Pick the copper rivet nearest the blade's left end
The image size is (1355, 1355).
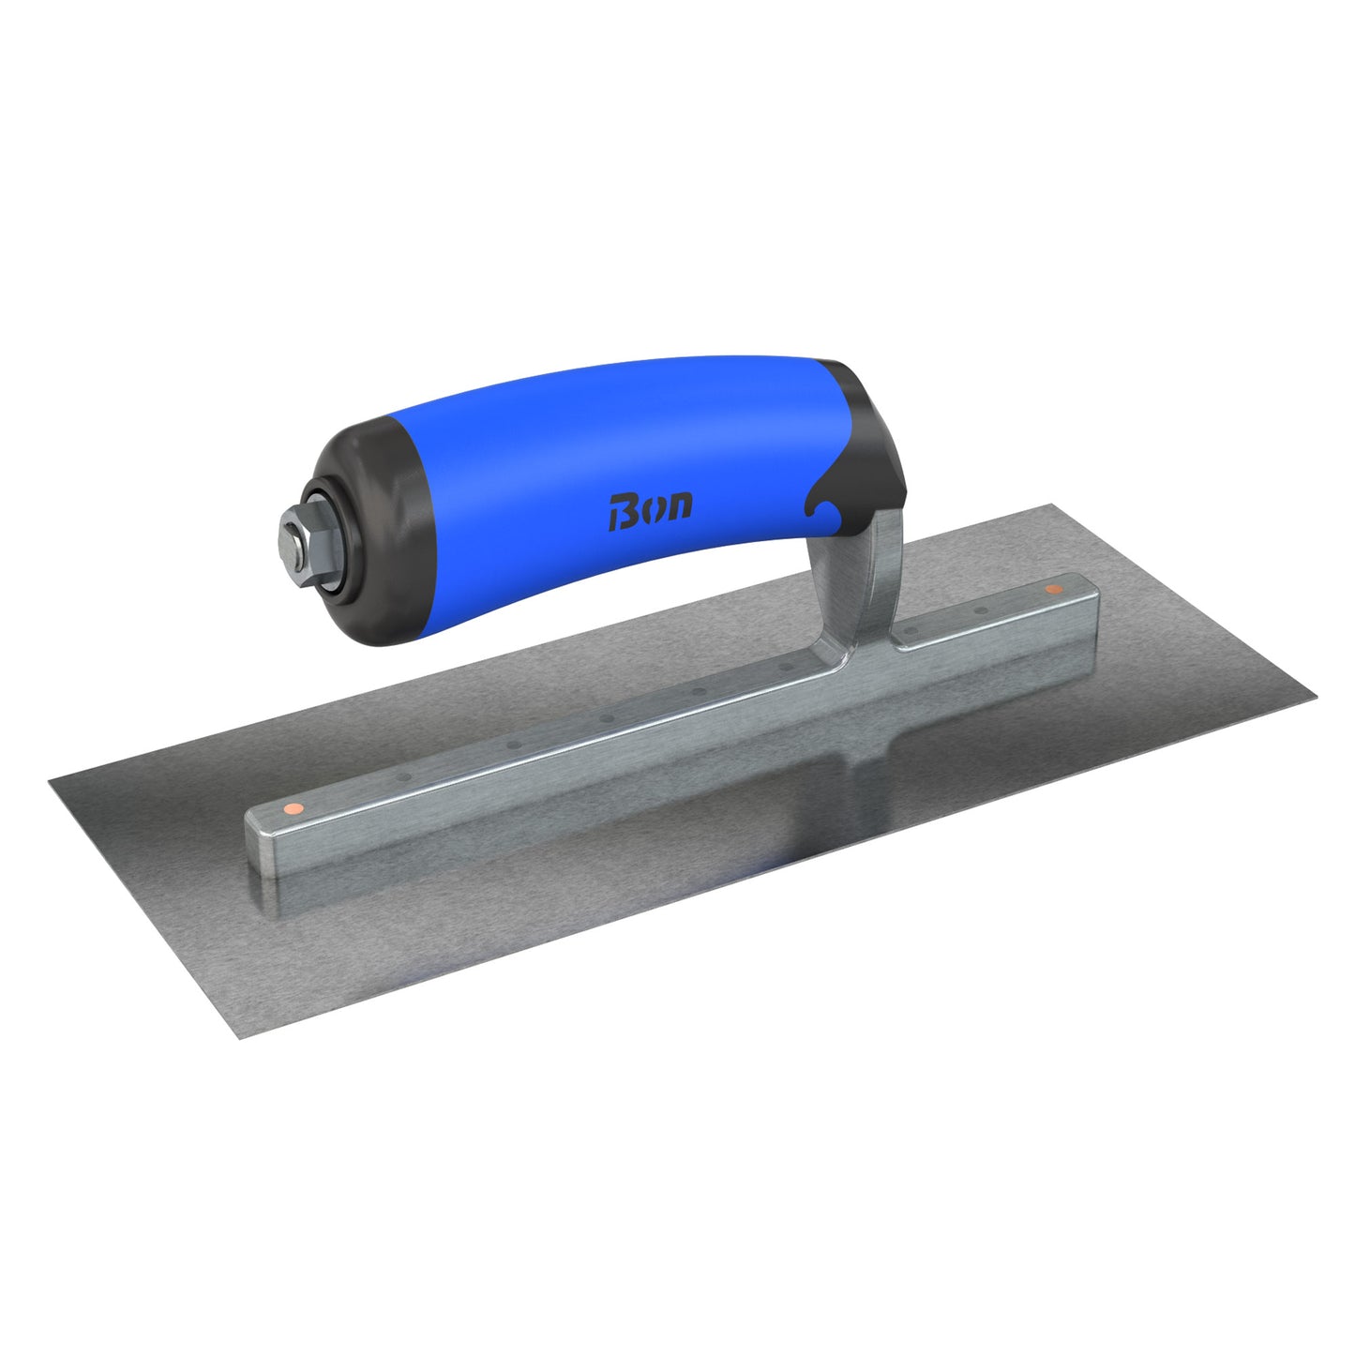(293, 806)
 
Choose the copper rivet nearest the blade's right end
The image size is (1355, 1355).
(1052, 590)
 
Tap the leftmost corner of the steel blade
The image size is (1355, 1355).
(51, 776)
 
